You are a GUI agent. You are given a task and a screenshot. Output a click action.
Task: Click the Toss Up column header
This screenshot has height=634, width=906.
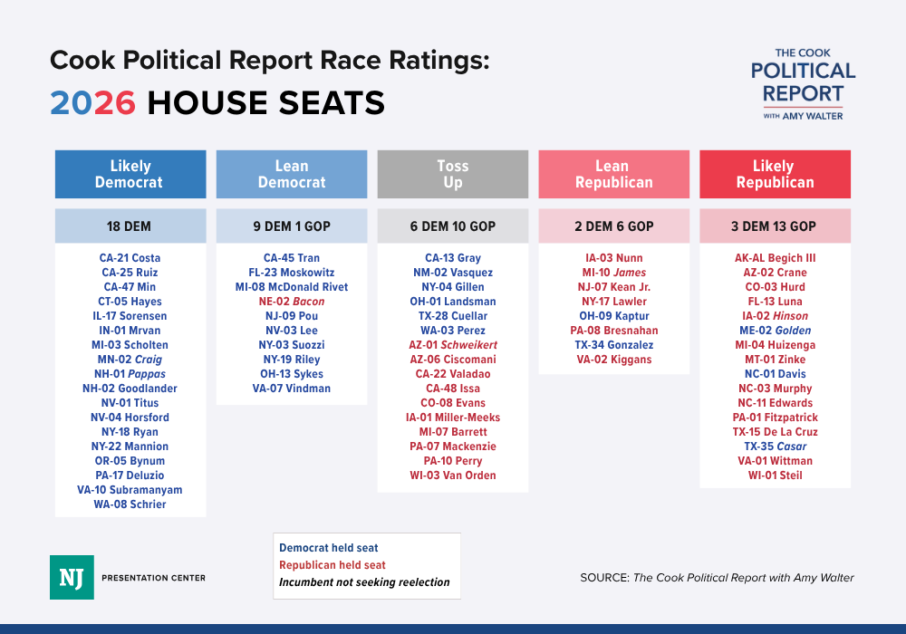452,174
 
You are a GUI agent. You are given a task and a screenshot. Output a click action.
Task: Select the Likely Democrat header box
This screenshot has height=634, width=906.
130,174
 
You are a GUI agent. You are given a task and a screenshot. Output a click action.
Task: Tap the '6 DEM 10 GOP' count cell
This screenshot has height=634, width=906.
452,226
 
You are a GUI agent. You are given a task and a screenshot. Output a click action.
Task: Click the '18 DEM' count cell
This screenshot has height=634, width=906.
130,226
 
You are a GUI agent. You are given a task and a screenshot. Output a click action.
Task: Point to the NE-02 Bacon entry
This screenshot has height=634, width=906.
292,302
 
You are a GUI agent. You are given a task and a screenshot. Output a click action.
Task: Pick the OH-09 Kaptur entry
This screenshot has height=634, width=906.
614,316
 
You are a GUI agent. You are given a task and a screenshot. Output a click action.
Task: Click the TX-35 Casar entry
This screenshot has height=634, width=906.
775,447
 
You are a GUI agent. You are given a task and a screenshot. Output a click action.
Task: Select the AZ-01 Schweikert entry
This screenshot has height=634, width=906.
453,345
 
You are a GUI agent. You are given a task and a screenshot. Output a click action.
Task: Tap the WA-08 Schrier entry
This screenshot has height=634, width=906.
130,504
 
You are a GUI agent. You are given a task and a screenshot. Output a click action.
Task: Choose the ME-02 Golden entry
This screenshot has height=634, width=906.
775,331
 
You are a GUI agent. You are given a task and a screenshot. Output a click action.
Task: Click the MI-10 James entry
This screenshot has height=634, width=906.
614,273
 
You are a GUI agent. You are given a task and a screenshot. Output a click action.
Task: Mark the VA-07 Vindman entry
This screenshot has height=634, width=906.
292,389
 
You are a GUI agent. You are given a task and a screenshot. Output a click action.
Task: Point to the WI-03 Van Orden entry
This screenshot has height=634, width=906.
453,475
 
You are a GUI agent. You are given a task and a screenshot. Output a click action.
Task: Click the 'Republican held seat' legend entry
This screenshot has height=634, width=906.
332,565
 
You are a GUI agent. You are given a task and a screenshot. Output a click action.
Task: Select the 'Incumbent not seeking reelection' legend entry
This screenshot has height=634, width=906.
364,582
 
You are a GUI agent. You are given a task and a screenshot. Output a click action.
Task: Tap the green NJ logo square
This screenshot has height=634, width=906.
72,577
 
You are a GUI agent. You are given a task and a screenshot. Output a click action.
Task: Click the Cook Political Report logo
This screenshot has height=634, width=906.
803,84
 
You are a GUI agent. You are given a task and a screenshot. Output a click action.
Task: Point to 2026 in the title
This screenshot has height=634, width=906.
92,103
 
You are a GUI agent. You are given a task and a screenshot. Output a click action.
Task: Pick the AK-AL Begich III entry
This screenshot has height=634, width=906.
775,258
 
